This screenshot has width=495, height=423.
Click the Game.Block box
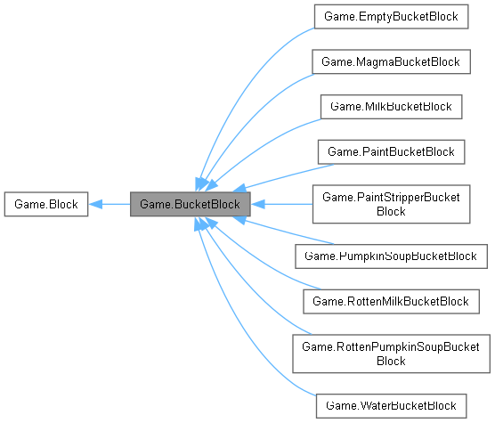point(45,205)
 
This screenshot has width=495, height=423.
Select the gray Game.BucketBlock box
point(190,205)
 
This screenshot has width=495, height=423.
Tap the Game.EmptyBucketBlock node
point(392,15)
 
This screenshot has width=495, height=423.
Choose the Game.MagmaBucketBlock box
point(392,61)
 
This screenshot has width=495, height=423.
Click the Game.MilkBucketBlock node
point(392,107)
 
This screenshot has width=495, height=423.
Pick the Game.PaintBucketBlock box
point(392,152)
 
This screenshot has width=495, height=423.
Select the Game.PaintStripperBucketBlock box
point(392,204)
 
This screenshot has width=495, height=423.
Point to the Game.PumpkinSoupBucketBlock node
point(392,256)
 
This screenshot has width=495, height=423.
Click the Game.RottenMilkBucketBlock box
point(392,301)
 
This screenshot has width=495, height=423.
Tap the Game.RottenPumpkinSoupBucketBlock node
point(392,354)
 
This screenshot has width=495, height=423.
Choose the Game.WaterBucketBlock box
point(392,405)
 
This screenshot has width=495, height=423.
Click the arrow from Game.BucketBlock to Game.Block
point(111,205)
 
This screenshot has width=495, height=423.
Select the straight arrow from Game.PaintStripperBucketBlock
point(280,205)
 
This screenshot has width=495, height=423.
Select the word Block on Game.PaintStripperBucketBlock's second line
point(392,212)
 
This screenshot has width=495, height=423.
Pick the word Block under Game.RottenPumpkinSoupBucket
point(392,362)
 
